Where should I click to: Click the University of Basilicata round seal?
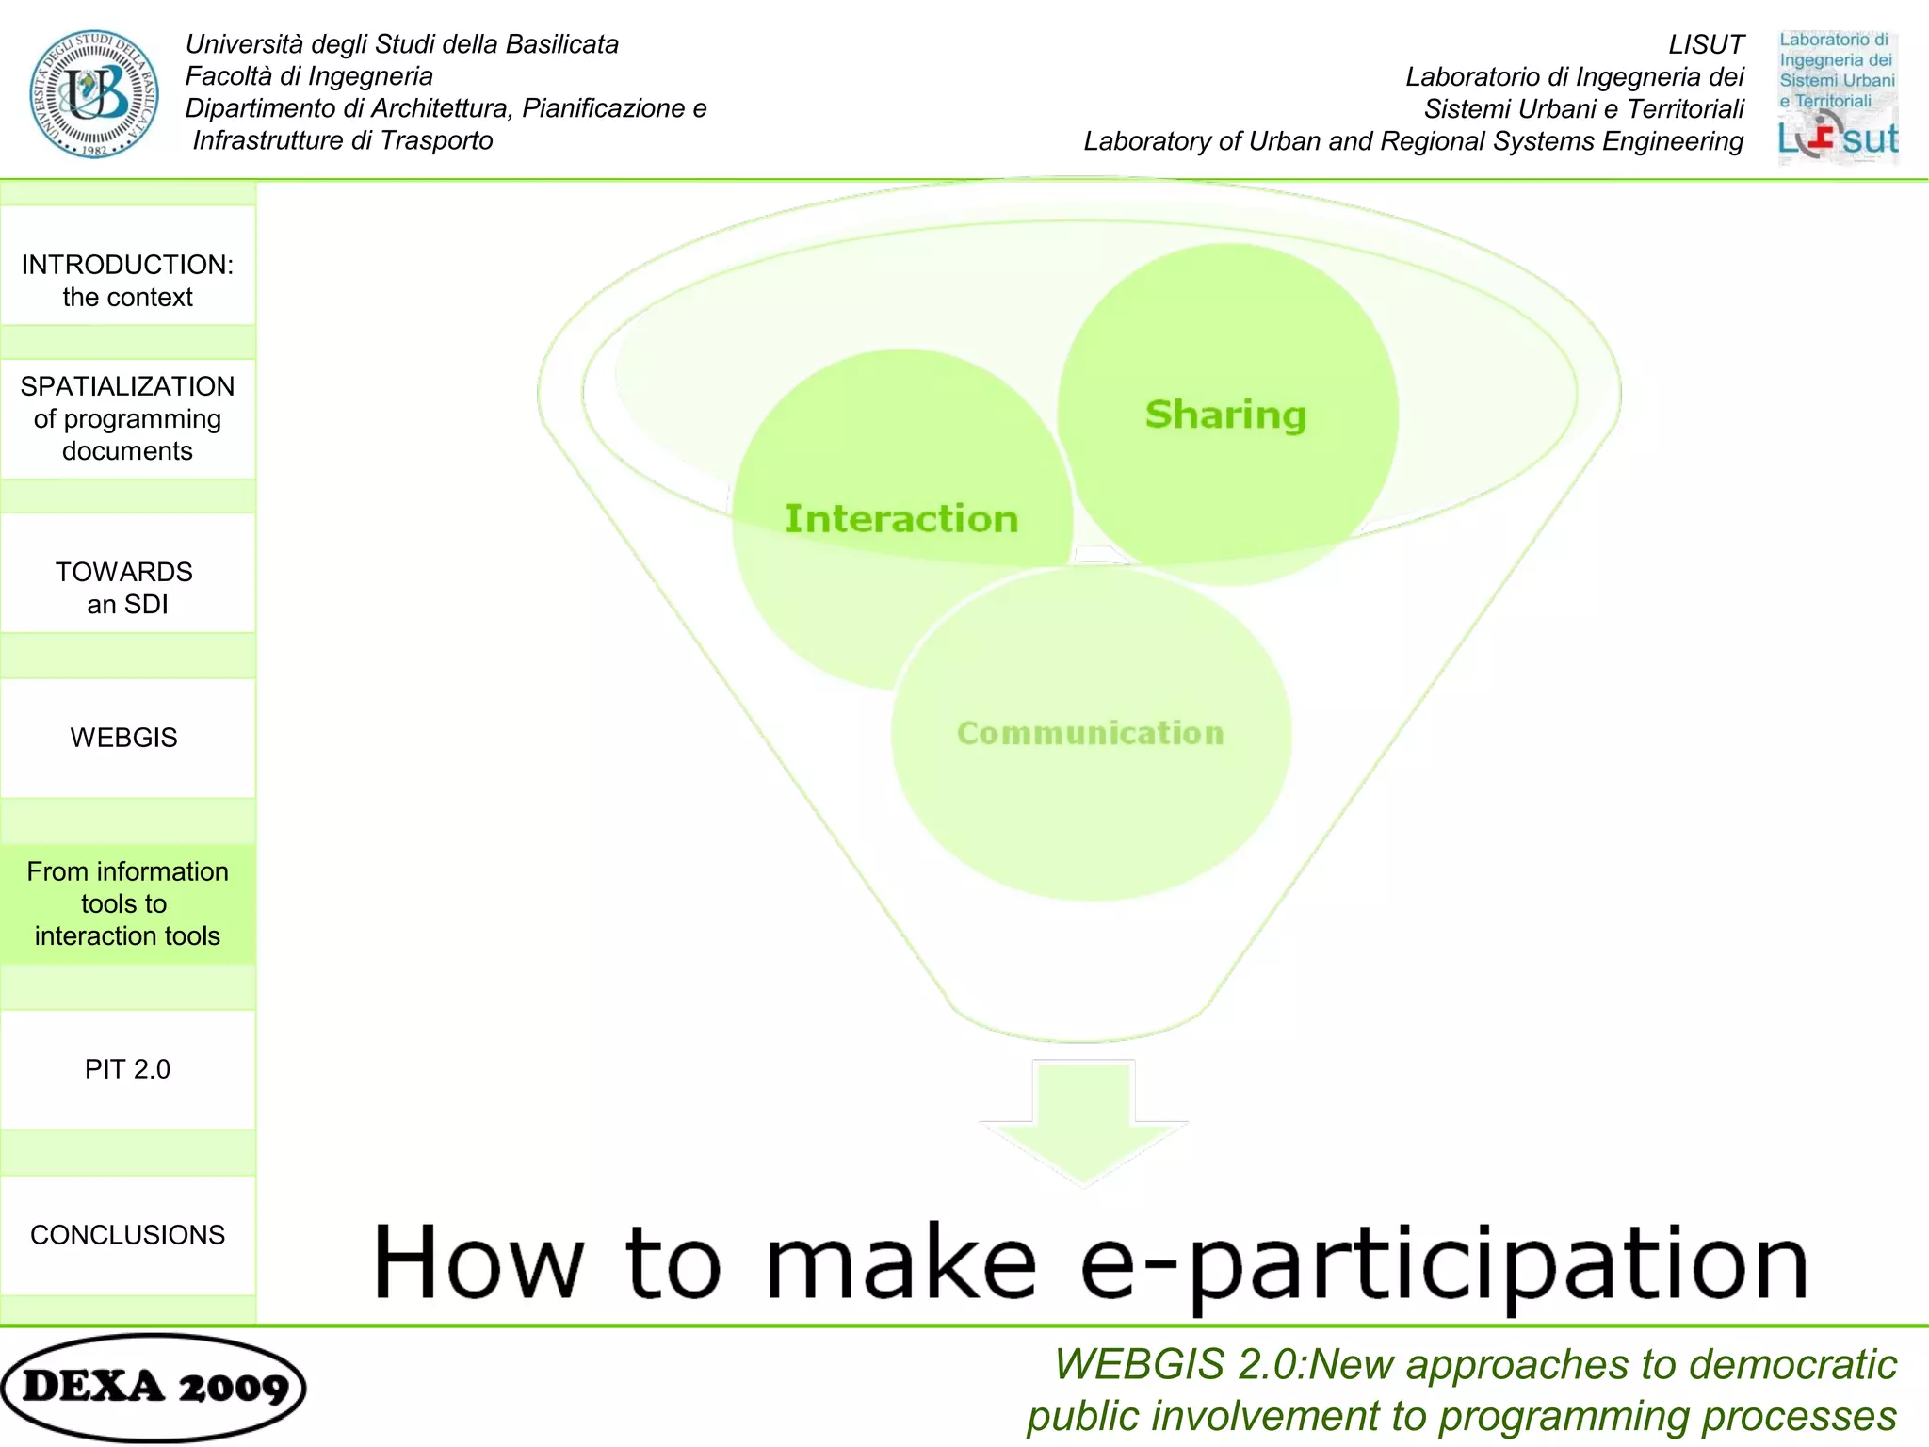(x=93, y=94)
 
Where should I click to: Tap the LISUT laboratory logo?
(x=1838, y=97)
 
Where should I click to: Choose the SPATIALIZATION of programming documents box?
(x=128, y=419)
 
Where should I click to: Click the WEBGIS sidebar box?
(x=128, y=738)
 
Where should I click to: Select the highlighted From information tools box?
(x=128, y=903)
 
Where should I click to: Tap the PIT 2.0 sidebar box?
(x=128, y=1069)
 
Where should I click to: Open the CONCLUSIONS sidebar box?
(x=128, y=1235)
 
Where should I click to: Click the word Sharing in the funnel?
(x=1225, y=415)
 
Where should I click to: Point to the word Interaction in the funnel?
(x=901, y=519)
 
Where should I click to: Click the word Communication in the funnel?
(x=1091, y=733)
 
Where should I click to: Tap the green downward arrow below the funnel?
(x=1083, y=1121)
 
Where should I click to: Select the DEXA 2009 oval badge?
(x=154, y=1388)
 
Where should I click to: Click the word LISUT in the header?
(x=1706, y=45)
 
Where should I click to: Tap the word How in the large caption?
(x=478, y=1262)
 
